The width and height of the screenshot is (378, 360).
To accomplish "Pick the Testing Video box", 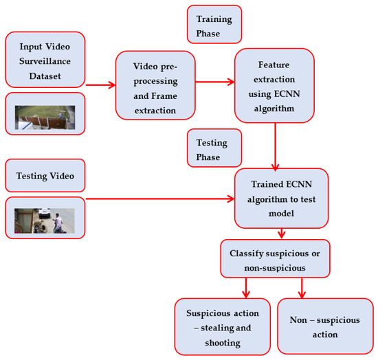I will (x=45, y=177).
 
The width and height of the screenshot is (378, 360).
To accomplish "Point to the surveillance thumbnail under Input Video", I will (x=45, y=117).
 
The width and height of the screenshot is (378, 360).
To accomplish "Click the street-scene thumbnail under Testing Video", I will (x=45, y=220).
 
